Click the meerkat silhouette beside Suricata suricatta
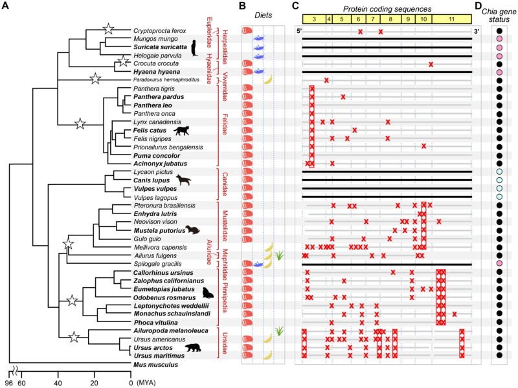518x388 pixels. (x=194, y=47)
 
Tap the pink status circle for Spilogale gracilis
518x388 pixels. (x=499, y=264)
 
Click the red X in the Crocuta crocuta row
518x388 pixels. (x=431, y=63)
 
